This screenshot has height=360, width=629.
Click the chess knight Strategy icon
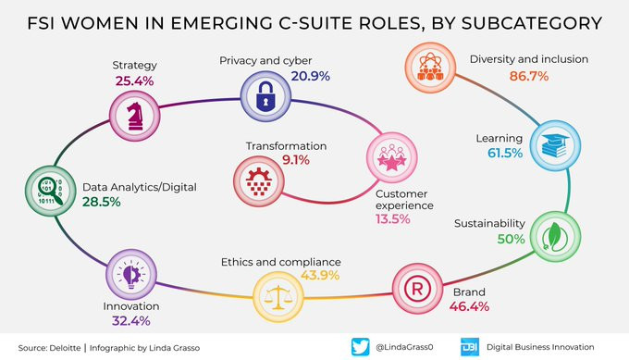point(135,116)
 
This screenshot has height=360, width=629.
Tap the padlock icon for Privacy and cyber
point(265,96)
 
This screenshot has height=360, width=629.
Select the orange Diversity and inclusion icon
point(430,68)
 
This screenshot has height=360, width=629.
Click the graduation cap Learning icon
point(555,145)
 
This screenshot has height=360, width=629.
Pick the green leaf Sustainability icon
point(555,236)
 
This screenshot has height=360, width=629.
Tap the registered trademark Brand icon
point(417,289)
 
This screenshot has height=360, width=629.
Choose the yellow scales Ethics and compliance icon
point(278,297)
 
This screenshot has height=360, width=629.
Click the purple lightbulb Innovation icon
point(131,275)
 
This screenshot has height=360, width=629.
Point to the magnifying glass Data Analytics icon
point(51,191)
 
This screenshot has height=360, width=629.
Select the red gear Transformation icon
point(259,181)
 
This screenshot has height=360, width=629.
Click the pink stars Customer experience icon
point(392,157)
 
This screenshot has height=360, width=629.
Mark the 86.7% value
point(529,76)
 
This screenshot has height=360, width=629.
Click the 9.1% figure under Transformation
point(296,160)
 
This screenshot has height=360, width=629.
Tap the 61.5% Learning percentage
point(505,153)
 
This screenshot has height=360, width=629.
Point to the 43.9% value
point(320,275)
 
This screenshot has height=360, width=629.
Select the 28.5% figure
point(102,202)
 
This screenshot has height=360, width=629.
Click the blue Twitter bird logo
point(360,347)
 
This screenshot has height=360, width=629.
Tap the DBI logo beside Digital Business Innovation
point(469,347)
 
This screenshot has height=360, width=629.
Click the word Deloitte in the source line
point(65,348)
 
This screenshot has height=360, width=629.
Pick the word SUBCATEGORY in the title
point(532,23)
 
